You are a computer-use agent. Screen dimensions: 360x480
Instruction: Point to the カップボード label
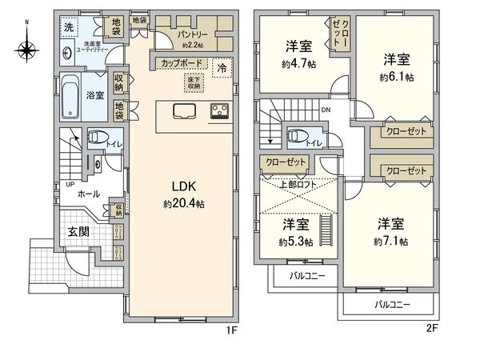(x=180, y=62)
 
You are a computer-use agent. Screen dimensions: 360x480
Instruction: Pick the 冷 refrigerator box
(x=222, y=69)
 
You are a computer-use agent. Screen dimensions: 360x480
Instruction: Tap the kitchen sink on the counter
(x=183, y=110)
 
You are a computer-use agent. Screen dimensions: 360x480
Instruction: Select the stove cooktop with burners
(x=219, y=111)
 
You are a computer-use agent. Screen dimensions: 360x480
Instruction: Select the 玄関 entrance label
(x=78, y=232)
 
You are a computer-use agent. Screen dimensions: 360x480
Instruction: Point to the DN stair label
(x=326, y=110)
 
